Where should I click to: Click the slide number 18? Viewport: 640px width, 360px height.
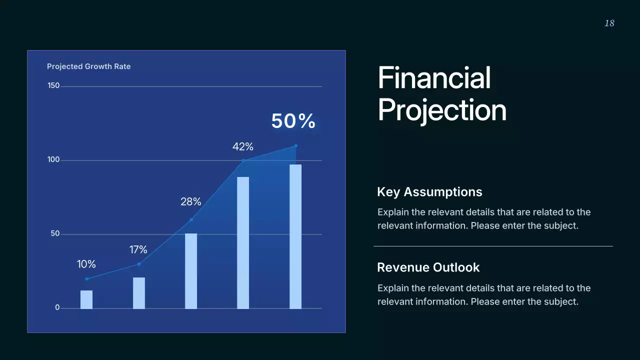click(x=609, y=23)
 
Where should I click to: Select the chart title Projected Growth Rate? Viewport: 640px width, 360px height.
click(x=88, y=66)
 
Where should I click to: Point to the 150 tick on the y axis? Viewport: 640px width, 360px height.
click(x=53, y=85)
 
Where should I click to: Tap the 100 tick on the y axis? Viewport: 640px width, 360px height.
click(x=53, y=159)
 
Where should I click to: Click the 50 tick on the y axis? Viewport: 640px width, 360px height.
click(x=55, y=233)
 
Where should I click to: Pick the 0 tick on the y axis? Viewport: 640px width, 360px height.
click(x=57, y=307)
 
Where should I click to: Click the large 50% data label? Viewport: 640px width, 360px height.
click(x=293, y=121)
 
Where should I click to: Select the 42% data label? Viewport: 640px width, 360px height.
click(x=243, y=147)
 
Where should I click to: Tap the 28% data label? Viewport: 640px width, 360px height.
click(x=191, y=201)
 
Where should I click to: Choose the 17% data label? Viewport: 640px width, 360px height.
click(x=138, y=249)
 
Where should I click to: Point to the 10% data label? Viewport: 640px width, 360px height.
click(x=86, y=264)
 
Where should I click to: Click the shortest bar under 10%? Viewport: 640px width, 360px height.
click(x=86, y=299)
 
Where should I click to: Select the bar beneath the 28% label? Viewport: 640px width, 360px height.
click(x=191, y=271)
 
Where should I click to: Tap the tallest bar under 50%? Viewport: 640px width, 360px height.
click(x=295, y=237)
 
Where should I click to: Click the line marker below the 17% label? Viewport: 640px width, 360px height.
click(x=139, y=264)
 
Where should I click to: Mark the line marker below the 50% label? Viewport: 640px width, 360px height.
click(x=295, y=146)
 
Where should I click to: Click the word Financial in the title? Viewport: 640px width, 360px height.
click(x=434, y=77)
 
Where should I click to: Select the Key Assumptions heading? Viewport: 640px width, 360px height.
click(x=429, y=191)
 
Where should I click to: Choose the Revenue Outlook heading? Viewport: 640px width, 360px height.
click(x=428, y=267)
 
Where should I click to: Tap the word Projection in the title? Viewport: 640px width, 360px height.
click(x=442, y=110)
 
